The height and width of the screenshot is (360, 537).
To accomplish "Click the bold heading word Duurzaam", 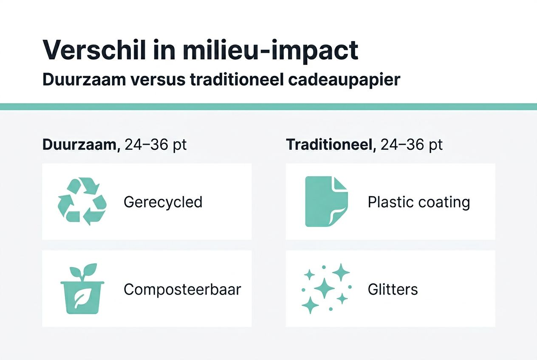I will pos(79,145).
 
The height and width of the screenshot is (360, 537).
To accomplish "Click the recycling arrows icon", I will pos(82,201).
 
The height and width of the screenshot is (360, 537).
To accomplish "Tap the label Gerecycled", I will pos(163,202).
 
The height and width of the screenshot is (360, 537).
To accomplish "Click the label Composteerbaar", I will pos(182,290).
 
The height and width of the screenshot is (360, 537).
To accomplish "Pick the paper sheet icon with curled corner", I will pos(326,202).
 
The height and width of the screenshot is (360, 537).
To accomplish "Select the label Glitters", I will pos(393,290).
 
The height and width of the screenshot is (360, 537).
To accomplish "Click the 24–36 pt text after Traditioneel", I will pos(411,145).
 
